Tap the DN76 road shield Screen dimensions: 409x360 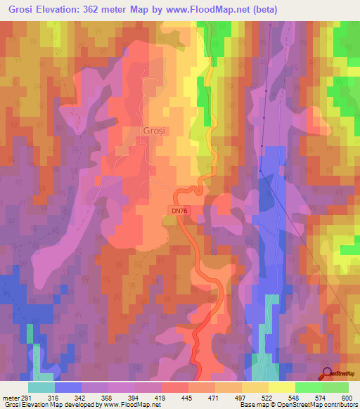pos(180,209)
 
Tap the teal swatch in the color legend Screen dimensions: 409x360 pos(41,387)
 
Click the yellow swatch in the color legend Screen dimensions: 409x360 pos(282,387)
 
